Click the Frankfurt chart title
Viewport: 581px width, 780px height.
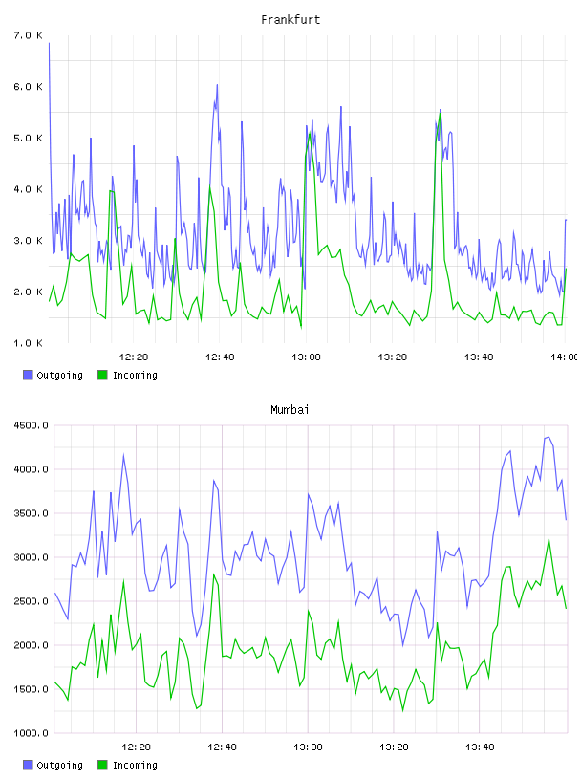click(x=290, y=19)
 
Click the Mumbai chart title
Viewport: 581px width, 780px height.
click(x=290, y=409)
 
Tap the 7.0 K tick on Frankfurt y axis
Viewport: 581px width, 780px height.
click(x=28, y=35)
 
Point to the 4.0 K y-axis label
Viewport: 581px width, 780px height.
click(x=28, y=189)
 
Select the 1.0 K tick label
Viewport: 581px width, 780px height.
click(x=28, y=343)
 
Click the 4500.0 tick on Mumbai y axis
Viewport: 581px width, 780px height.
click(x=31, y=425)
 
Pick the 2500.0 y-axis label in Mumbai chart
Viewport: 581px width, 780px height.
click(x=31, y=601)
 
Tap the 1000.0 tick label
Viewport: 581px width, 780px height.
click(x=31, y=733)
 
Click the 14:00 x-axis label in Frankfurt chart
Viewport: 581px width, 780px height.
click(x=565, y=357)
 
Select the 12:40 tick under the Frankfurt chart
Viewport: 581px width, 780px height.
click(x=220, y=357)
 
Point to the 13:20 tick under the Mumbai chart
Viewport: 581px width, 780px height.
click(x=394, y=747)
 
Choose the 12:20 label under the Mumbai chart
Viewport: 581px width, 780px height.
click(x=137, y=747)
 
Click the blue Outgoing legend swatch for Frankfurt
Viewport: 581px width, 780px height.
click(x=28, y=375)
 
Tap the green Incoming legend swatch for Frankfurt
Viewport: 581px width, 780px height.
click(x=102, y=375)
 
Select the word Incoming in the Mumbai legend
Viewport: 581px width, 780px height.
click(x=135, y=765)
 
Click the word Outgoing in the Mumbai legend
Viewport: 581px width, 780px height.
click(x=59, y=765)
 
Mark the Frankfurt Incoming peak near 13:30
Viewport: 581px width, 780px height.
click(x=441, y=113)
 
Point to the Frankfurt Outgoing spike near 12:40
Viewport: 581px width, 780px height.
click(x=217, y=85)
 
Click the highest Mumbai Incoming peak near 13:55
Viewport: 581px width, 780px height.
click(x=549, y=538)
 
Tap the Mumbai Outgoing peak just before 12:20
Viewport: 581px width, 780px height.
click(x=124, y=454)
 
